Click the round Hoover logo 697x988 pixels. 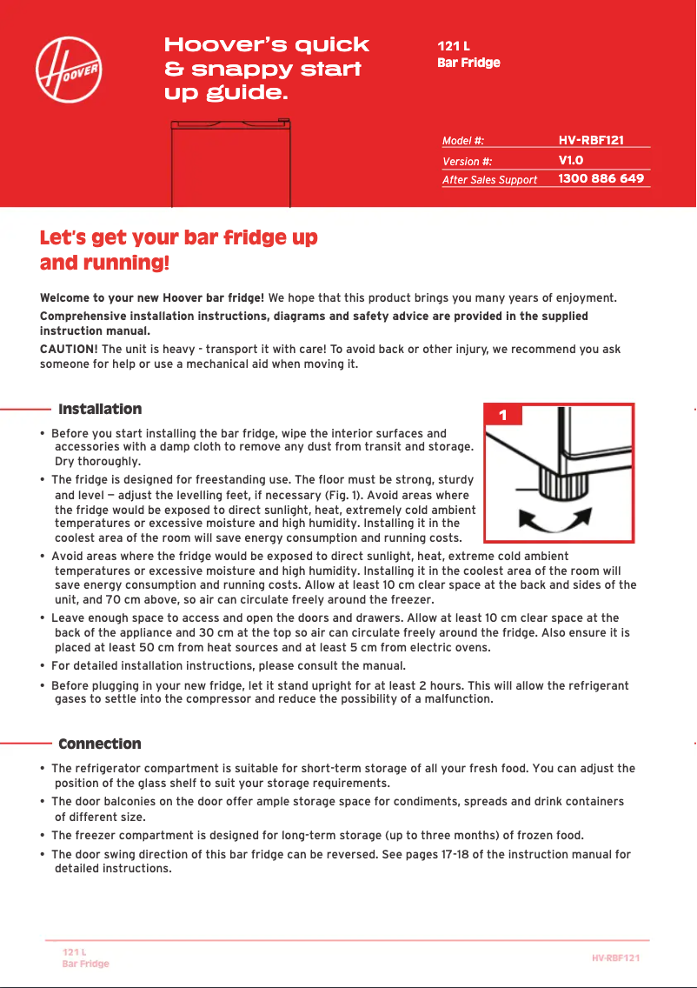[69, 69]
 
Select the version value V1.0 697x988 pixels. [570, 160]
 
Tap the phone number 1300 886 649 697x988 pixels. [601, 178]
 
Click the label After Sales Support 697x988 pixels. [489, 180]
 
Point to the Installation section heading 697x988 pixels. [100, 409]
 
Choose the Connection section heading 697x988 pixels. [99, 744]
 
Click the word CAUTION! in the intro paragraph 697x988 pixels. [70, 350]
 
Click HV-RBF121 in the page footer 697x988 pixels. [615, 958]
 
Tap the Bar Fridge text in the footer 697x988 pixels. [85, 964]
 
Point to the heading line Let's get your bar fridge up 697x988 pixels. [179, 238]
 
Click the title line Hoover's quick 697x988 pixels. [267, 45]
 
